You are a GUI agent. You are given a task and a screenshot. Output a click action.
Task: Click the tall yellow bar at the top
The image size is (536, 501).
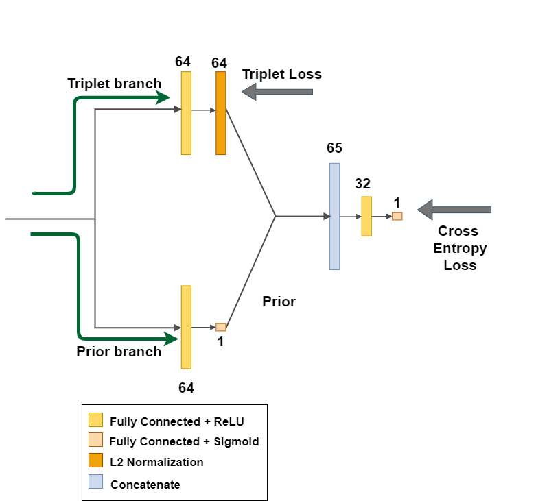point(186,113)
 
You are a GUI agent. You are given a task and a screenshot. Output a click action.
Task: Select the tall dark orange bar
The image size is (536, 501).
point(220,113)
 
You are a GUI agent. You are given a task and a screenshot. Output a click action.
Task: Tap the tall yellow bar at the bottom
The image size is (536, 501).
point(186,327)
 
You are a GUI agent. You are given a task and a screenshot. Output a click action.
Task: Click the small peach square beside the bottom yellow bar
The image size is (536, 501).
point(220,327)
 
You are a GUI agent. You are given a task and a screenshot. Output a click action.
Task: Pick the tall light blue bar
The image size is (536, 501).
point(335,217)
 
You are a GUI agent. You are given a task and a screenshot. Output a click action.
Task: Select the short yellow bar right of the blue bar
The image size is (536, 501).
point(366,217)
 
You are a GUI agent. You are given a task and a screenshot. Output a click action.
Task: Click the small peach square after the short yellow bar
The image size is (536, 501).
point(397,216)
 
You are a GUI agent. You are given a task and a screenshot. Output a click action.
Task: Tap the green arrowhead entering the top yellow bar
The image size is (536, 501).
point(163,98)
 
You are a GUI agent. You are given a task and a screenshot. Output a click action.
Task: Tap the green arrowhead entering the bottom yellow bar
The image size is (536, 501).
point(171,339)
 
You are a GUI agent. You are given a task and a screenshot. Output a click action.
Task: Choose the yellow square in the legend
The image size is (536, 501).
point(95,419)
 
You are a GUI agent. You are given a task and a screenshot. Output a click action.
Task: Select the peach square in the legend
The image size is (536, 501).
point(95,439)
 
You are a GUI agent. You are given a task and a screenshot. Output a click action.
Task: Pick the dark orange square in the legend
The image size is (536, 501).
point(95,460)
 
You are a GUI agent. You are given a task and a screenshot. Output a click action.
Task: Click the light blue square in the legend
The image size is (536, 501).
point(95,481)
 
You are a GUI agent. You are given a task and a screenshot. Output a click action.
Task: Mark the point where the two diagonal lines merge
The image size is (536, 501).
point(276,216)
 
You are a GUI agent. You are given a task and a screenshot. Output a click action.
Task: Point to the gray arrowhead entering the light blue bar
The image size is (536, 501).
point(327,216)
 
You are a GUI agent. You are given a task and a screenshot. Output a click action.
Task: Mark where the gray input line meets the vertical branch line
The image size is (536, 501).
point(95,219)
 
